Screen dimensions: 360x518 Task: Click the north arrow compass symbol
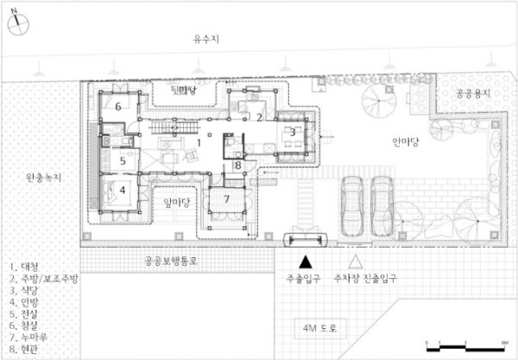21,21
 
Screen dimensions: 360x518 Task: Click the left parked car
352,206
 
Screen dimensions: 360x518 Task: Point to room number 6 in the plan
118,107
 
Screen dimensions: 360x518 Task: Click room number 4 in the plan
123,190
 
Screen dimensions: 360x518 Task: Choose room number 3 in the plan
292,132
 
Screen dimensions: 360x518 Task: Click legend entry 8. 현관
28,352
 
